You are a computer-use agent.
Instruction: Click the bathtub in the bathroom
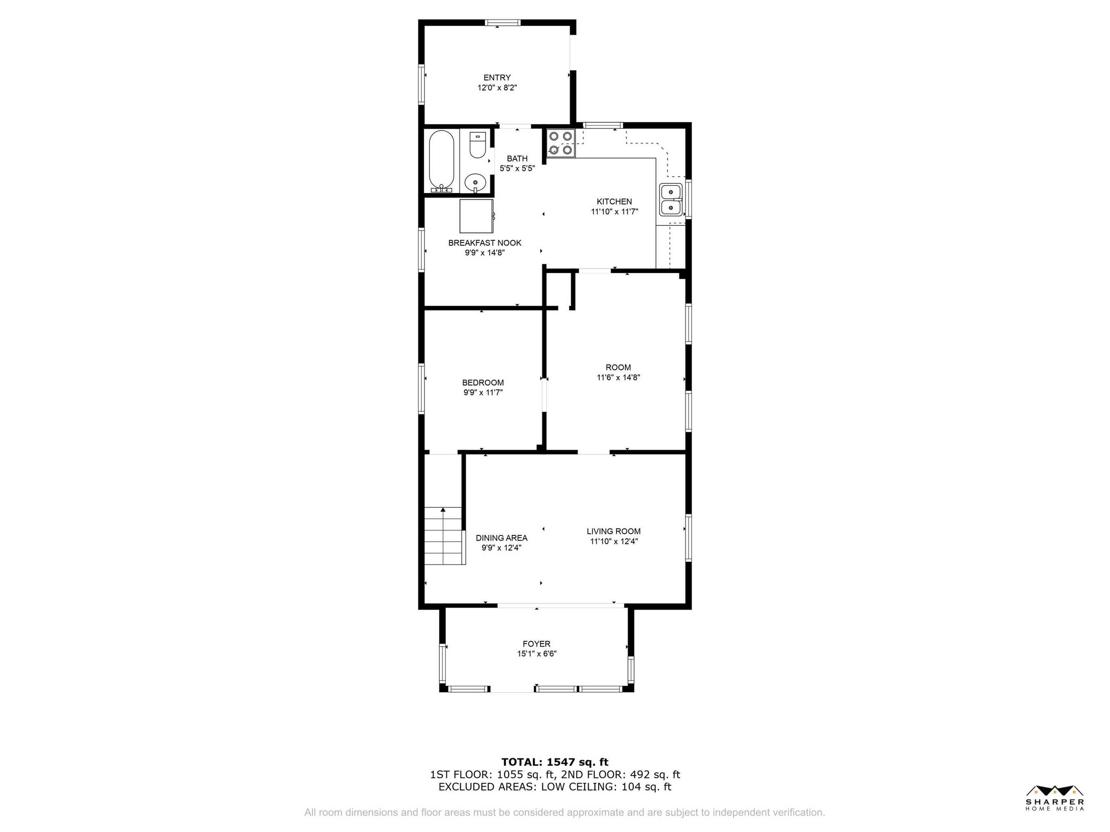point(442,161)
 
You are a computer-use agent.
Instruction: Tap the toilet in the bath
point(477,144)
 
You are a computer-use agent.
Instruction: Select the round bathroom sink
point(475,183)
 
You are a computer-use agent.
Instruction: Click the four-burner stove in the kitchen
point(560,143)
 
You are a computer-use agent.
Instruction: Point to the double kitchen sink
point(671,200)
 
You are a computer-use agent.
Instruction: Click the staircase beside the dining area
point(443,536)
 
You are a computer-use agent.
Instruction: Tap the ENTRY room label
point(497,78)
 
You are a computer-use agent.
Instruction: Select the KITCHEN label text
point(614,202)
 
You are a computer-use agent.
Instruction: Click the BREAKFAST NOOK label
point(485,243)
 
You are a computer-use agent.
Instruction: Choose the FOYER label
point(536,644)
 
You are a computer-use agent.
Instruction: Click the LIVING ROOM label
point(614,531)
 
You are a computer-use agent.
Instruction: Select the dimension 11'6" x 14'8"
point(618,378)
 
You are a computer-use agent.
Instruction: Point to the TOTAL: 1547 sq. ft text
point(555,762)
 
